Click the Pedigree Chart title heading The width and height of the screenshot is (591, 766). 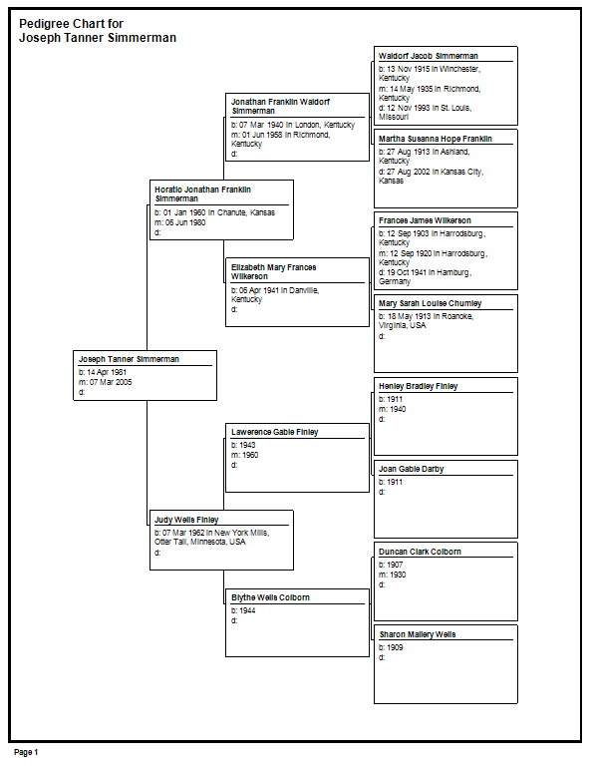(98, 31)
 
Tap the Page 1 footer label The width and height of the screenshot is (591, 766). (26, 752)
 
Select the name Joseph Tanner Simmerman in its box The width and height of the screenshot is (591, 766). (129, 359)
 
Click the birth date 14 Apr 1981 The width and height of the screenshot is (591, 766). (107, 372)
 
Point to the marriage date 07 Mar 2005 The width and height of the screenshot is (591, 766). (111, 382)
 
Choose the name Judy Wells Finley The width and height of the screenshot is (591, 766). (186, 520)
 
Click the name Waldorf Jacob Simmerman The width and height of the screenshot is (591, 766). (428, 56)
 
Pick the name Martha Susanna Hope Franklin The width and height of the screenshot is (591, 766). (436, 139)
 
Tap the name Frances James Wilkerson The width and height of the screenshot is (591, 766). (425, 220)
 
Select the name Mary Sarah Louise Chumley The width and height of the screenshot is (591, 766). (430, 303)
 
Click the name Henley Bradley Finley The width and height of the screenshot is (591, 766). (419, 386)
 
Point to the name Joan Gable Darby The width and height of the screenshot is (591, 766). (411, 469)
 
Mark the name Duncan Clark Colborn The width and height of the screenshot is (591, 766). (420, 552)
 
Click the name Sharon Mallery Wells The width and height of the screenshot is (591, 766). (418, 634)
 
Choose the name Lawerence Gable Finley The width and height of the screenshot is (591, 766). (274, 432)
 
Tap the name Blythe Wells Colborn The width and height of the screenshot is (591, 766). (270, 597)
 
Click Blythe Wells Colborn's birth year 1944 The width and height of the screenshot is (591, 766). (247, 610)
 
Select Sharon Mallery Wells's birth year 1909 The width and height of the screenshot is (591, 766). (395, 647)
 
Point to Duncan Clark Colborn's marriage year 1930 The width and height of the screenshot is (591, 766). (398, 574)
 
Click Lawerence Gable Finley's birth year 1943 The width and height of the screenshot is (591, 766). (247, 445)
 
